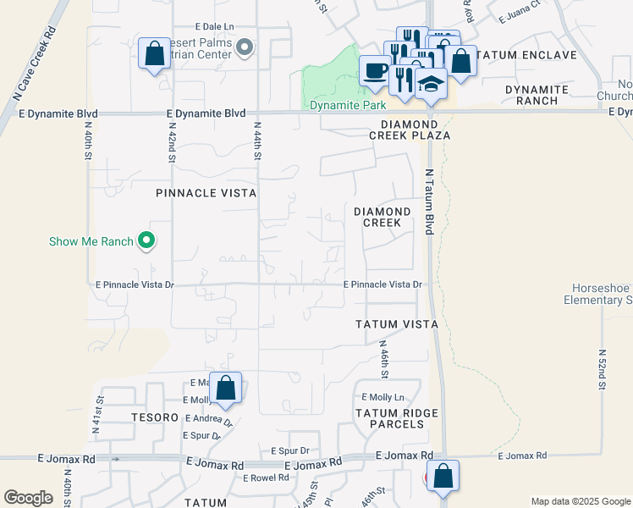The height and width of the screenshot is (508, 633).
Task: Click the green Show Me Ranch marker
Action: click(146, 241)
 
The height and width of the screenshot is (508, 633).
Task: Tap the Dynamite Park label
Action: click(347, 105)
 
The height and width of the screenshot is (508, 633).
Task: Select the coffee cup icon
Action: click(375, 70)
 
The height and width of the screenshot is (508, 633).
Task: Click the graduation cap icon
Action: click(431, 83)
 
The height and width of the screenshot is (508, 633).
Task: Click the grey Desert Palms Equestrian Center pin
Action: click(245, 47)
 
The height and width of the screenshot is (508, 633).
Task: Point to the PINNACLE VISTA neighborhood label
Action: click(206, 193)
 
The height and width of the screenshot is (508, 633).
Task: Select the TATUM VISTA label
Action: click(396, 324)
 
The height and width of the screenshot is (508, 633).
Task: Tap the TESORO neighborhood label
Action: click(153, 417)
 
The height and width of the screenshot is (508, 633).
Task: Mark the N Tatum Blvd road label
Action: click(429, 202)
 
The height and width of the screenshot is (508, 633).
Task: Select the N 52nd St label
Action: click(602, 368)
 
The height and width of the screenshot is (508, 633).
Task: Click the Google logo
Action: click(28, 498)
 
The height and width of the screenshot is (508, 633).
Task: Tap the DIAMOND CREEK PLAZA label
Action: click(410, 129)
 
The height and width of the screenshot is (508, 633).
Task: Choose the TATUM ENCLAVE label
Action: click(526, 55)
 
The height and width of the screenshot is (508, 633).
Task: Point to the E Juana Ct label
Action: click(519, 15)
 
